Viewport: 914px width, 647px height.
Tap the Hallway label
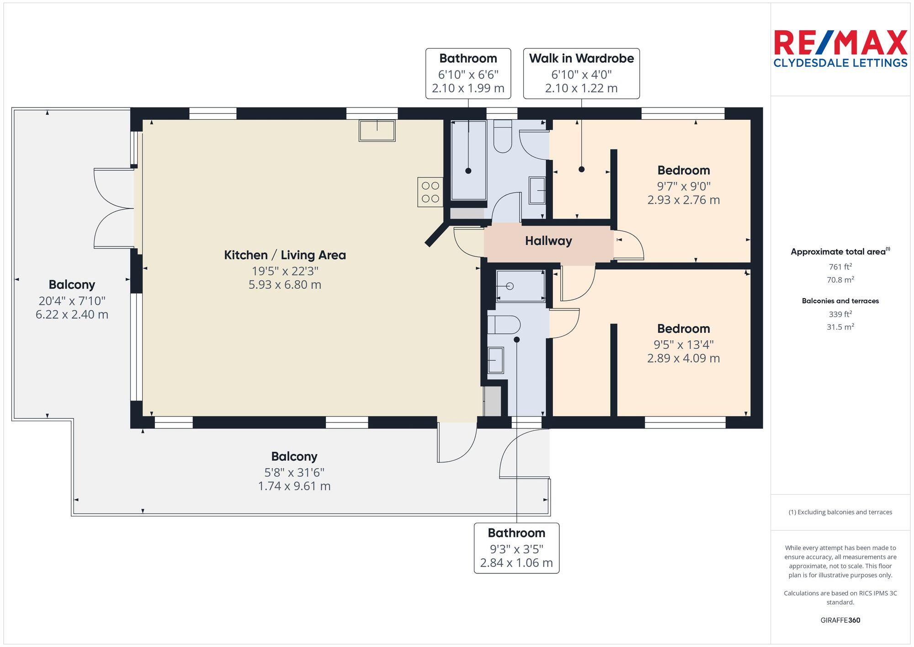coord(548,241)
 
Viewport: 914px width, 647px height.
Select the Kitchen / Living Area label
coord(285,255)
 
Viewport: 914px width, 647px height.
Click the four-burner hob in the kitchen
coord(430,192)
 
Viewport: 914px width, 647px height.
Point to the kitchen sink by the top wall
coord(377,131)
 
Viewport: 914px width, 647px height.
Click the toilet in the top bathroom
coord(503,136)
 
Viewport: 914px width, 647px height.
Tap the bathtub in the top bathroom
coord(468,160)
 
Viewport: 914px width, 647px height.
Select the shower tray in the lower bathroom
coord(521,286)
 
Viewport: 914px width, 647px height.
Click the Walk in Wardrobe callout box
coord(581,73)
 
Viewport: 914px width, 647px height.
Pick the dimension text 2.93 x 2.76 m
coord(683,200)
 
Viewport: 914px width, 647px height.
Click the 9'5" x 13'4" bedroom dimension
coord(683,344)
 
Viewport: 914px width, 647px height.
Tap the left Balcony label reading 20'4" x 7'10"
coord(72,285)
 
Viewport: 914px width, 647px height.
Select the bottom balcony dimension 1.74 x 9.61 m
coord(294,486)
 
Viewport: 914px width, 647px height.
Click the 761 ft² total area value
coord(840,267)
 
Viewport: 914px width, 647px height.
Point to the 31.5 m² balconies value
coord(840,327)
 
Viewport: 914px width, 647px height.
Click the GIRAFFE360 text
coord(840,620)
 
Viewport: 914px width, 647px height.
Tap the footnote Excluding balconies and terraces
coord(840,512)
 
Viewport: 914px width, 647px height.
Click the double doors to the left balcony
coord(114,209)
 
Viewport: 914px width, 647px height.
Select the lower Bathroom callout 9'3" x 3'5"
coord(516,548)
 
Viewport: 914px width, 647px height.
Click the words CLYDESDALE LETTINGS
coord(840,63)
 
